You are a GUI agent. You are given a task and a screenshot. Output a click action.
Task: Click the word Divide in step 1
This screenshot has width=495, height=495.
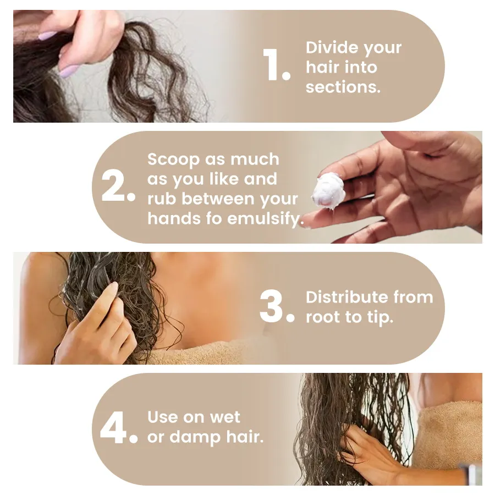pyautogui.click(x=332, y=47)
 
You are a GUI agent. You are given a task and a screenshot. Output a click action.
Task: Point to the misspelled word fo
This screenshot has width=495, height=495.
pyautogui.click(x=214, y=218)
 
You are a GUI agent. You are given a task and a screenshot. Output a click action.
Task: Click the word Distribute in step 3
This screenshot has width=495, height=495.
pyautogui.click(x=346, y=297)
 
